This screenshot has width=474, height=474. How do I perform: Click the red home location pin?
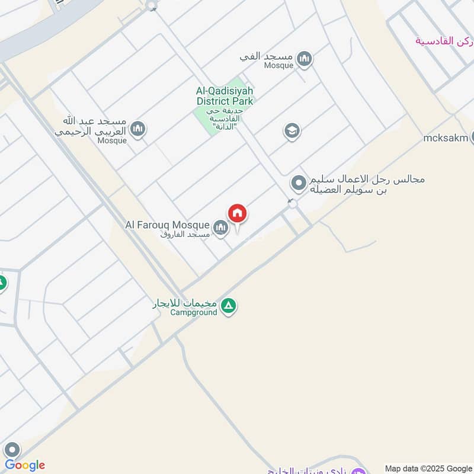(x=238, y=213)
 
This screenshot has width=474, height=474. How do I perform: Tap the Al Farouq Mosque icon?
(x=220, y=228)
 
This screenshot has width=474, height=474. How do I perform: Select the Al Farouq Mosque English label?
(x=167, y=225)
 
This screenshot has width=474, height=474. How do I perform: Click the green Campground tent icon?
(x=228, y=306)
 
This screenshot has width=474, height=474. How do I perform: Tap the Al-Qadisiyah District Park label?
(x=225, y=96)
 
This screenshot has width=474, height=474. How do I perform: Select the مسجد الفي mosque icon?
(x=305, y=58)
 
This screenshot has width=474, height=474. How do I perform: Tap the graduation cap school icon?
(x=292, y=131)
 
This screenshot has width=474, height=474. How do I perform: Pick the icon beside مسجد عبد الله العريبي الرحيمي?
(x=138, y=129)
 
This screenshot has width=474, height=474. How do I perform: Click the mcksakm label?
(x=445, y=139)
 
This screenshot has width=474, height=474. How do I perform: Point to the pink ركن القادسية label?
(x=444, y=40)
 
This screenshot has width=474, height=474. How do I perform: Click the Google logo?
(x=25, y=465)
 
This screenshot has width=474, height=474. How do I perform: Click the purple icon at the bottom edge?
(x=359, y=471)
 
